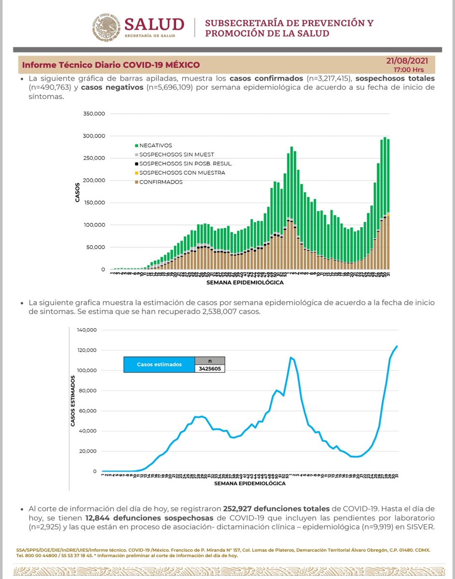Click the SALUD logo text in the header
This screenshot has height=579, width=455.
[x=154, y=24]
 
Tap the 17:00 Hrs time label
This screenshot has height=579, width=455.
[x=414, y=69]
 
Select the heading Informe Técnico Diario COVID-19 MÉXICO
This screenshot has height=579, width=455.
[x=111, y=65]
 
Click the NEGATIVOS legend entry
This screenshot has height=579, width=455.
[x=153, y=145]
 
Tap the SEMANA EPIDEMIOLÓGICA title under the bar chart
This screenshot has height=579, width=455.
[x=245, y=282]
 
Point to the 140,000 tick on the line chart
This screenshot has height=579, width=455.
[x=87, y=330]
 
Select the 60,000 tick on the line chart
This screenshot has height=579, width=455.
[x=89, y=411]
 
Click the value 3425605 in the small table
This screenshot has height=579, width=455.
[x=210, y=369]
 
